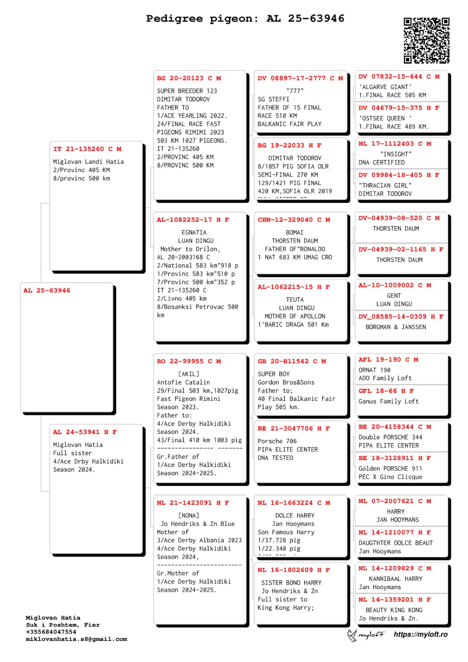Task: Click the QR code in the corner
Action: coord(426,41)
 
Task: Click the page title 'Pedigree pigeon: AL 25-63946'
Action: coord(245,19)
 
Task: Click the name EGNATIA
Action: coord(194,233)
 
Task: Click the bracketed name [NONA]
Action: coord(189,516)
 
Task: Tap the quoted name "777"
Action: coord(295,91)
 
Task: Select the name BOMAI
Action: coord(295,233)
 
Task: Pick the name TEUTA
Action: coord(295,300)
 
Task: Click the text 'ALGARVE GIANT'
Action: coord(385,87)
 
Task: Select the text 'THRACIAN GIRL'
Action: coord(385,185)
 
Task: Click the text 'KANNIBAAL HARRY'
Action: coord(396,579)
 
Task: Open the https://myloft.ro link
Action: coord(420,634)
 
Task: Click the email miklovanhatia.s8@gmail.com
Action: coord(77,639)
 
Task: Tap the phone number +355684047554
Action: coord(51,632)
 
